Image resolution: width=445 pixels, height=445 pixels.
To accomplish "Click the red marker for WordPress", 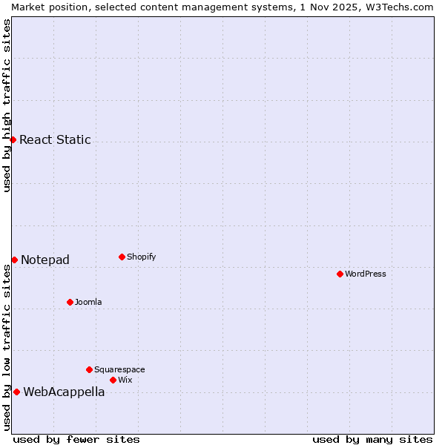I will click(340, 274).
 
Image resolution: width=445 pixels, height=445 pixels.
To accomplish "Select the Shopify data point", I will click(122, 257).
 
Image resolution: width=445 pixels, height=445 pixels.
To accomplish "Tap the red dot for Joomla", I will click(70, 302).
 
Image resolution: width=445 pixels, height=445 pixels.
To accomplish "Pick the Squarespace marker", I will click(89, 369).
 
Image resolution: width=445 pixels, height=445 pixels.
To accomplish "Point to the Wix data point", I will click(113, 380).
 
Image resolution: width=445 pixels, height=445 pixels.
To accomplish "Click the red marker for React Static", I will click(13, 139).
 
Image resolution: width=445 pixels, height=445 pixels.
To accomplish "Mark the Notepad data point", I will click(14, 260).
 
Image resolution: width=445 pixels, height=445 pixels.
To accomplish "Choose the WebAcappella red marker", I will click(16, 392).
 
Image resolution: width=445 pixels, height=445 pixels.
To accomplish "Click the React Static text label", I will click(55, 139).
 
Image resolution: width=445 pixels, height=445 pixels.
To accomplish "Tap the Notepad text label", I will click(45, 260).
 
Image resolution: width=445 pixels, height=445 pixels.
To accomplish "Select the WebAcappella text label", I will click(64, 392).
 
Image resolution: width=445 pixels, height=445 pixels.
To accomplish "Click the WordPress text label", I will click(366, 274).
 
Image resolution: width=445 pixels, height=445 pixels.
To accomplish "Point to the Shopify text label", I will click(142, 257).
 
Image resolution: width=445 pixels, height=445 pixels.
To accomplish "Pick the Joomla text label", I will click(88, 302).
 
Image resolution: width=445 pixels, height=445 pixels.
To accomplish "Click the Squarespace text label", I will click(119, 369).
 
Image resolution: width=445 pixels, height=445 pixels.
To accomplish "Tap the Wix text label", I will click(125, 380).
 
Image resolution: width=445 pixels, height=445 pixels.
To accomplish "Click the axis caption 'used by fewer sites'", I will click(76, 439).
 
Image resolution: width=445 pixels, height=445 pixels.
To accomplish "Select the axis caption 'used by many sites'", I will click(372, 439).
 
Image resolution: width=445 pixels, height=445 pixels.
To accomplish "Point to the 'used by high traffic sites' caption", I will click(7, 105).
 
